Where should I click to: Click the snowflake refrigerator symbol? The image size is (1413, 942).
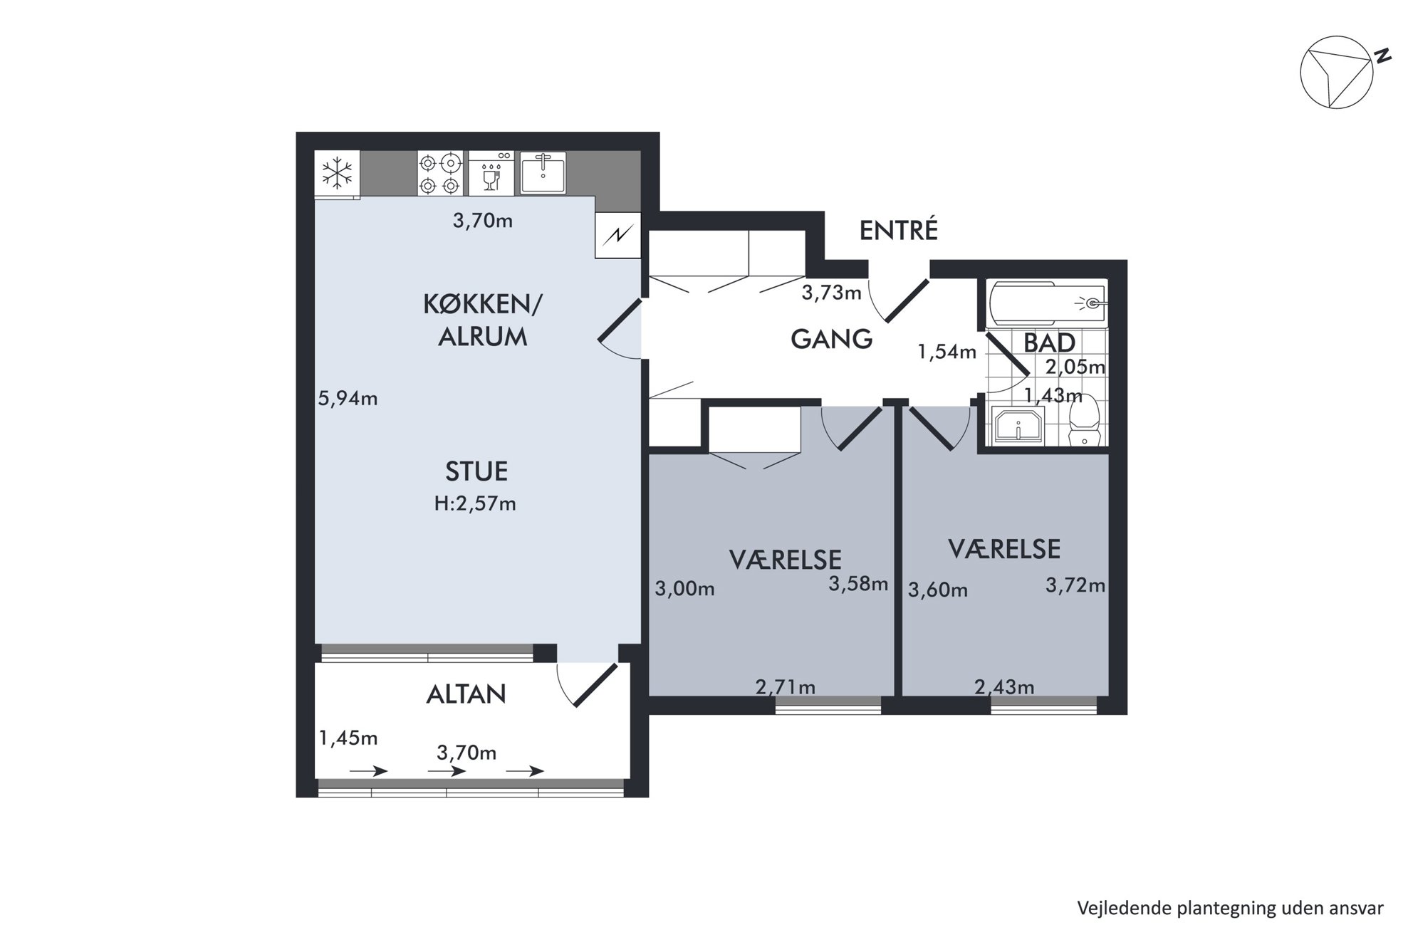pyautogui.click(x=338, y=173)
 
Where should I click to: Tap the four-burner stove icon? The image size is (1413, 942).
pyautogui.click(x=439, y=174)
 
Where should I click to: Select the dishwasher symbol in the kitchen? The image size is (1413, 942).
pyautogui.click(x=491, y=174)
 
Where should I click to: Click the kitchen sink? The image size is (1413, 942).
pyautogui.click(x=543, y=173)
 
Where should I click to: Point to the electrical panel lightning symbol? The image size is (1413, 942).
pyautogui.click(x=618, y=235)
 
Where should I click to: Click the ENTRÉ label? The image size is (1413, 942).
pyautogui.click(x=898, y=230)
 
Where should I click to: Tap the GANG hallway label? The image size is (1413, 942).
pyautogui.click(x=831, y=339)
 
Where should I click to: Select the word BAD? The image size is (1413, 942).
pyautogui.click(x=1049, y=343)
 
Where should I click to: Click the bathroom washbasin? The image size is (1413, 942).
pyautogui.click(x=1018, y=426)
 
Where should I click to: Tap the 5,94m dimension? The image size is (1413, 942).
pyautogui.click(x=348, y=399)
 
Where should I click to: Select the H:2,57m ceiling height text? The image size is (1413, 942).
pyautogui.click(x=475, y=503)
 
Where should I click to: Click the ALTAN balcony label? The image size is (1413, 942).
pyautogui.click(x=466, y=694)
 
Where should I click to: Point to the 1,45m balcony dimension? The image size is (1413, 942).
pyautogui.click(x=348, y=738)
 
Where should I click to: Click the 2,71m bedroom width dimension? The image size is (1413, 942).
pyautogui.click(x=785, y=687)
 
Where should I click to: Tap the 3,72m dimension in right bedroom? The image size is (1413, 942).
pyautogui.click(x=1075, y=585)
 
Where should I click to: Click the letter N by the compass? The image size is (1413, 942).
pyautogui.click(x=1382, y=56)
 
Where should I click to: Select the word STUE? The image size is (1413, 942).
pyautogui.click(x=476, y=471)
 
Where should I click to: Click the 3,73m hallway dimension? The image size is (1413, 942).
pyautogui.click(x=831, y=292)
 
